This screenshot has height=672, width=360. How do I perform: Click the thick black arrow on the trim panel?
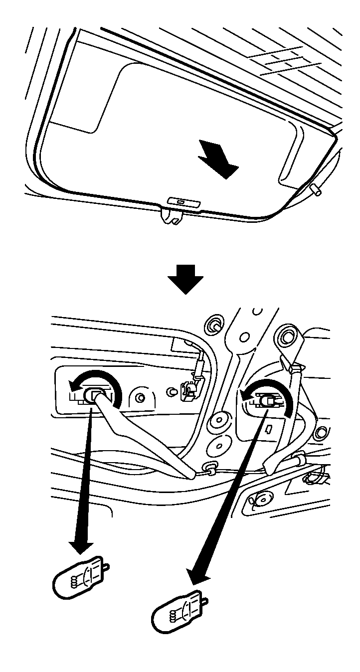[x=218, y=159]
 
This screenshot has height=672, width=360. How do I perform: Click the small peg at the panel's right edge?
[x=315, y=190]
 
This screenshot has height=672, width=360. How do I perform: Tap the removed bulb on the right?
[x=179, y=612]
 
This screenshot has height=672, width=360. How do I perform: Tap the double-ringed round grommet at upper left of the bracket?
[x=215, y=326]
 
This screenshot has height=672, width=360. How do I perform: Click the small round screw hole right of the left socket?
[x=140, y=397]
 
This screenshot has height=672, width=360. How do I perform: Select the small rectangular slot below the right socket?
[x=268, y=428]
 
